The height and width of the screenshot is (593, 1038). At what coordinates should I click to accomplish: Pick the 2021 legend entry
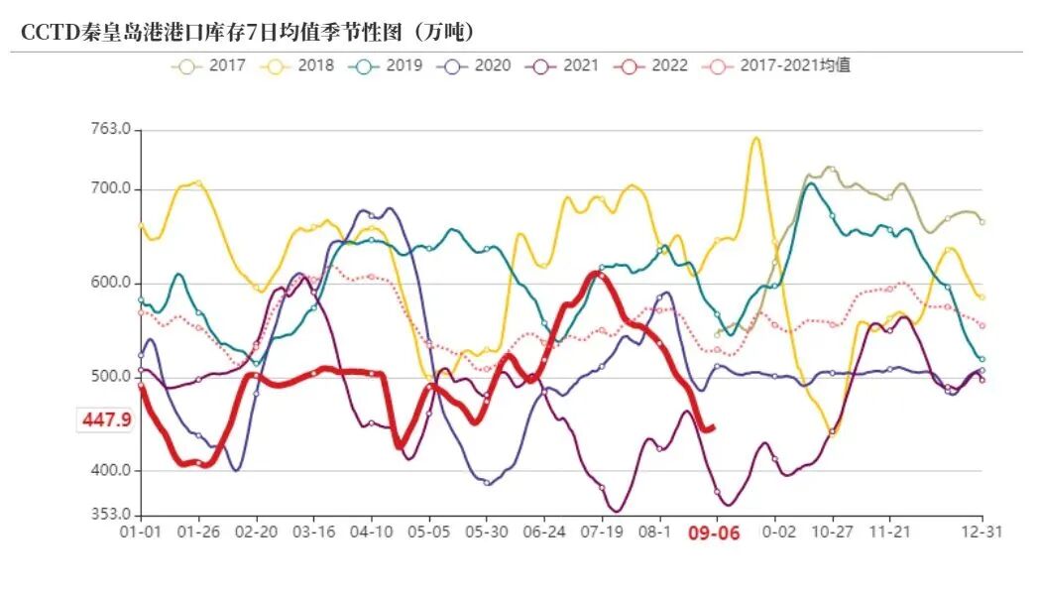pyautogui.click(x=559, y=66)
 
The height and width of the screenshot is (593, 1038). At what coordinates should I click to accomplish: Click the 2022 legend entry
pyautogui.click(x=648, y=66)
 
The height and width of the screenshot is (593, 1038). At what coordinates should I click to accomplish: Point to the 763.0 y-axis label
pyautogui.click(x=111, y=130)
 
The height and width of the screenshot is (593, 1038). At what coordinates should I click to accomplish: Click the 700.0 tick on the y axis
pyautogui.click(x=111, y=189)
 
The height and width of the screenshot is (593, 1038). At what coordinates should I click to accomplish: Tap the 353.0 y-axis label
pyautogui.click(x=111, y=515)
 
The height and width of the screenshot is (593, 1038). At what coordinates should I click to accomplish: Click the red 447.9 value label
pyautogui.click(x=106, y=420)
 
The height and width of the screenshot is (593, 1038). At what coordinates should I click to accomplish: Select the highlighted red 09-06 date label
pyautogui.click(x=714, y=533)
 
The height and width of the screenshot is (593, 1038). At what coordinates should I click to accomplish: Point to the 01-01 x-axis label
pyautogui.click(x=141, y=532)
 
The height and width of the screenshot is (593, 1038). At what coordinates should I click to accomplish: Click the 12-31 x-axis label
pyautogui.click(x=981, y=532)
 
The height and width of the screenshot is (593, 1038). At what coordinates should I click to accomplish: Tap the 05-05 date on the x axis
pyautogui.click(x=428, y=532)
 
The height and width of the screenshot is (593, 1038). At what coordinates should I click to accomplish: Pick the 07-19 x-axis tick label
pyautogui.click(x=600, y=532)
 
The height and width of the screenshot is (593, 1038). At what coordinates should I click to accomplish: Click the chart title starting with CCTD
pyautogui.click(x=248, y=32)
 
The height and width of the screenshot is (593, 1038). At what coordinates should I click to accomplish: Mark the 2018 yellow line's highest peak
pyautogui.click(x=755, y=138)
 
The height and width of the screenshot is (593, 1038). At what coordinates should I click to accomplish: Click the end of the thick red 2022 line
pyautogui.click(x=714, y=427)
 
